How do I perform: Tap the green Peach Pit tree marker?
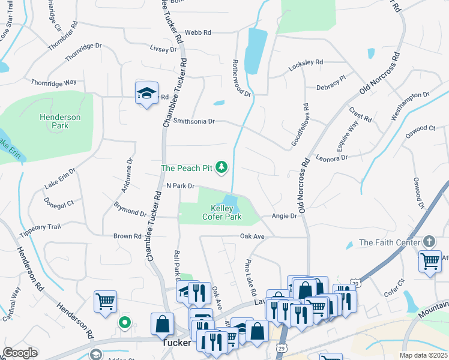(x=221, y=167)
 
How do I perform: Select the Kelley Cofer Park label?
(x=222, y=212)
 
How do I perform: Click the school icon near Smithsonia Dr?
(x=146, y=93)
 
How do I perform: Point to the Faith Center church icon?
(x=429, y=241)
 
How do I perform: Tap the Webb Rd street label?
(x=198, y=32)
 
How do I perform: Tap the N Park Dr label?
(x=180, y=186)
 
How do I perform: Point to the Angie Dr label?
(x=284, y=215)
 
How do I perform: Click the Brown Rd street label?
(x=127, y=236)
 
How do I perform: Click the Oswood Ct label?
(x=420, y=128)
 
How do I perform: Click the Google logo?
(x=20, y=352)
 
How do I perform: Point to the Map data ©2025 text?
(x=423, y=355)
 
